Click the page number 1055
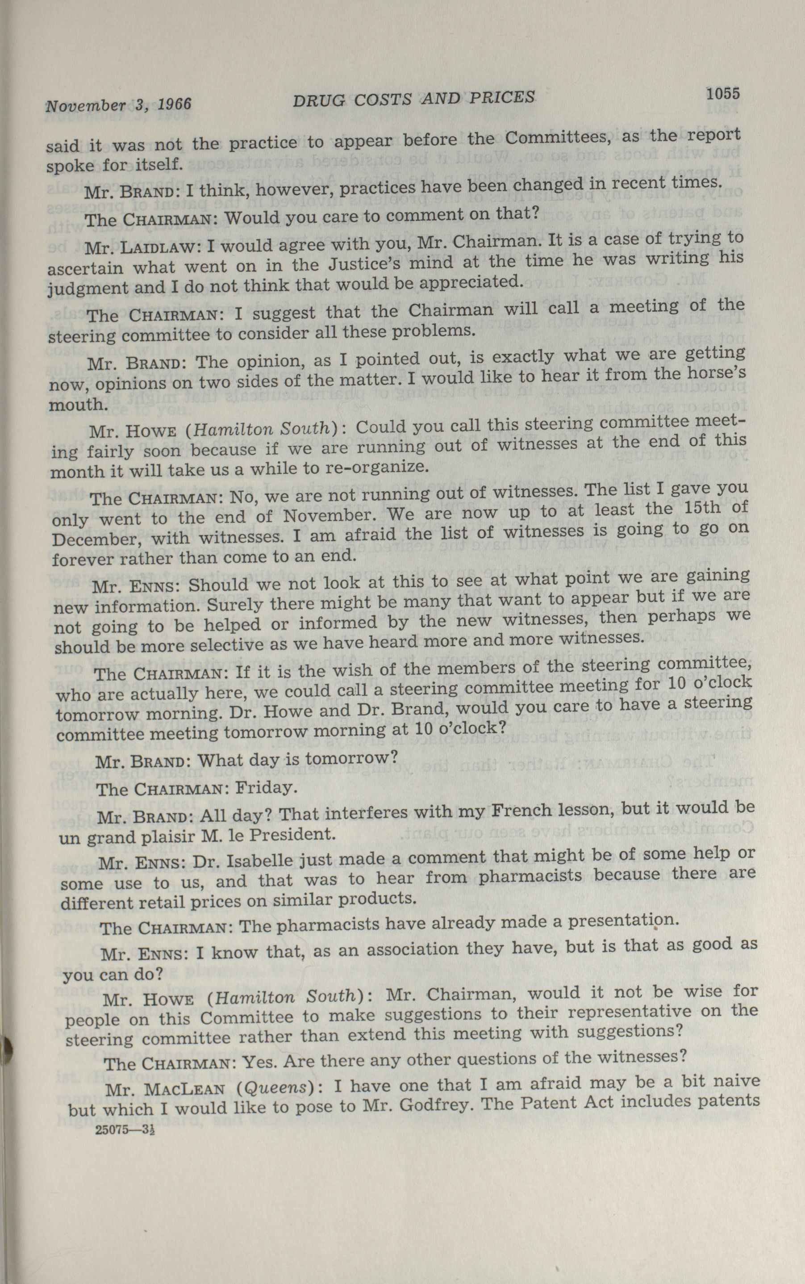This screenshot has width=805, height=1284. (722, 94)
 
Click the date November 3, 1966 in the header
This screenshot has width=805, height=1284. (118, 104)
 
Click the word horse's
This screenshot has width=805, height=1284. (710, 373)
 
